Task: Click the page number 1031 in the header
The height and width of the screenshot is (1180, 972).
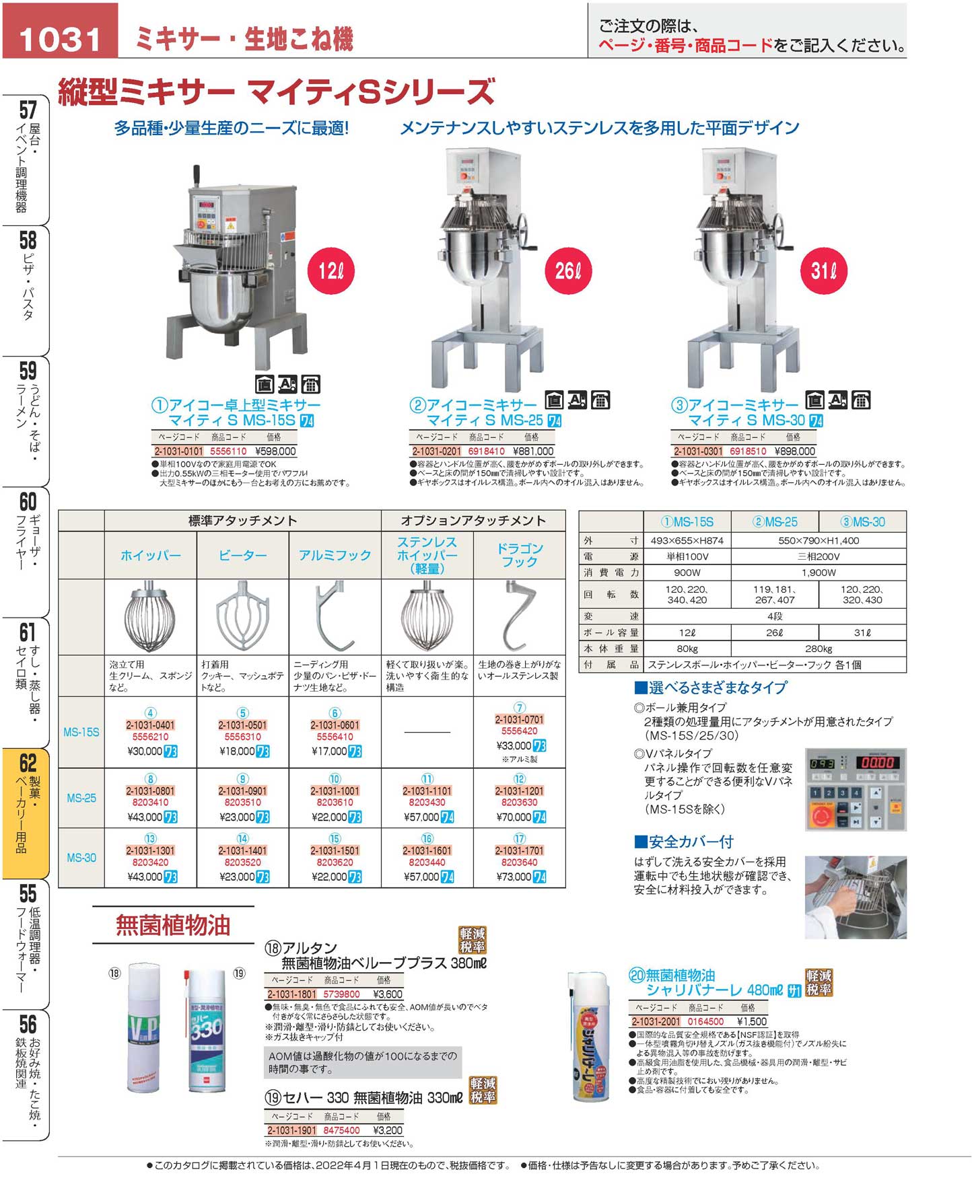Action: [x=60, y=39]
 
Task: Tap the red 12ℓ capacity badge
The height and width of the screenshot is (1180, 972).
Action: [x=331, y=271]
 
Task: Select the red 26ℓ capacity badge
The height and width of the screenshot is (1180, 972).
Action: [x=568, y=271]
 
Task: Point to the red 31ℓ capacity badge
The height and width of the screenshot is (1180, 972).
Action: [x=824, y=271]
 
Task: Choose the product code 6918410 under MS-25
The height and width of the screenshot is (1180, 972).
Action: [x=486, y=451]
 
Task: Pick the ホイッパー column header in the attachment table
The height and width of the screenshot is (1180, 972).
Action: [x=151, y=556]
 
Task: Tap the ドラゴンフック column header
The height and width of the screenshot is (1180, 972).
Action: [x=519, y=555]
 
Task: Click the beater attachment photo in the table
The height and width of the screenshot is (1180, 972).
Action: [x=242, y=616]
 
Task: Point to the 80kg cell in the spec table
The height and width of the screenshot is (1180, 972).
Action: [x=687, y=649]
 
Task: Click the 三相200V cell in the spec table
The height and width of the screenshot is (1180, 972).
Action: [x=819, y=556]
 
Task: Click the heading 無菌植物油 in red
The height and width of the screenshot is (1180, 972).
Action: [x=173, y=926]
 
